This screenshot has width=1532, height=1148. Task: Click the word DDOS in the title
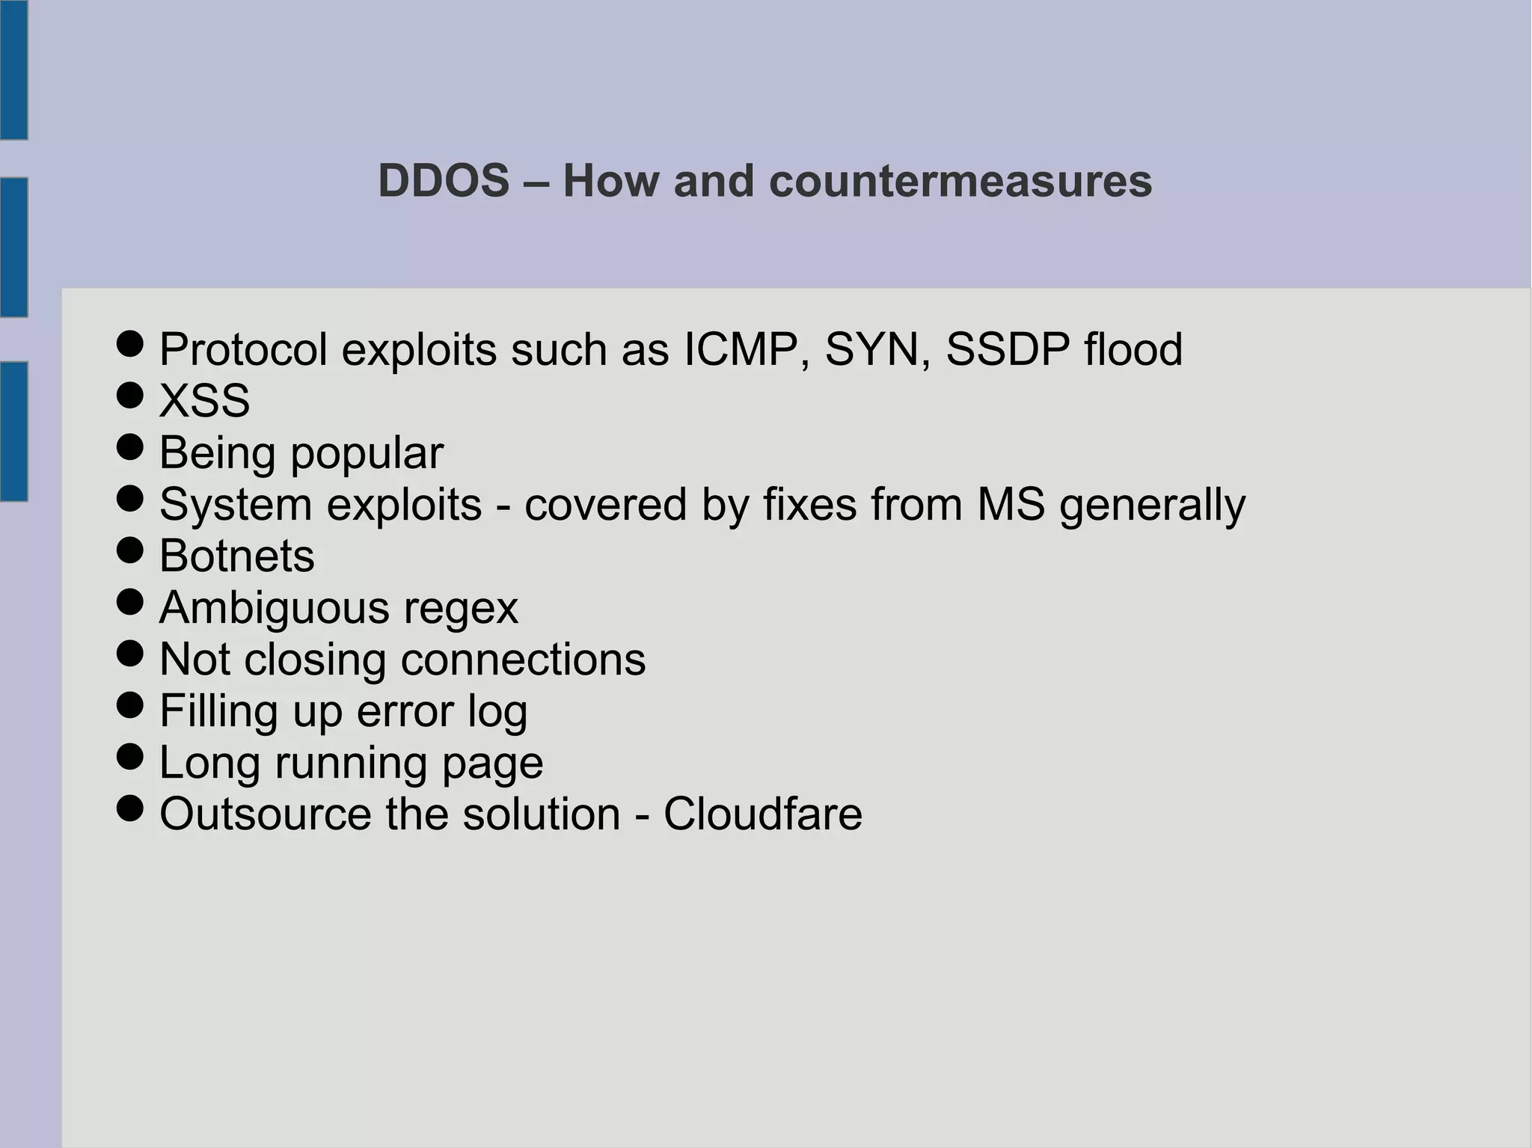coord(444,181)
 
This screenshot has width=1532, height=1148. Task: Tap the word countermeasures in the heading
coord(960,181)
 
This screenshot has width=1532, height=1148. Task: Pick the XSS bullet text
coord(204,401)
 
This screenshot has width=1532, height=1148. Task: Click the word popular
coord(367,454)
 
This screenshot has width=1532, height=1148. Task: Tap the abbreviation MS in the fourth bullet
coord(1011,504)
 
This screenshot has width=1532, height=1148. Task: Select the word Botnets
coord(237,556)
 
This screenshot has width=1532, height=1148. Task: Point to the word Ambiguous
coord(275,607)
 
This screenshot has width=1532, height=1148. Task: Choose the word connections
coord(523,659)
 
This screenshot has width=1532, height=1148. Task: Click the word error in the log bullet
coord(405,710)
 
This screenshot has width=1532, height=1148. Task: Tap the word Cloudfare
coord(762,814)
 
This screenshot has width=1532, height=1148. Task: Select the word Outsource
coord(266,814)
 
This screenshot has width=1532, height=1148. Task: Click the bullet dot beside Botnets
coord(130,550)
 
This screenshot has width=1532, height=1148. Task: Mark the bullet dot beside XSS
coord(130,396)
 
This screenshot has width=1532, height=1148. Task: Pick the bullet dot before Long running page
coord(130,757)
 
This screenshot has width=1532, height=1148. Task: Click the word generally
coord(1152,506)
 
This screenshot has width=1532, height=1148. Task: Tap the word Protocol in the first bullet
coord(243,349)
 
